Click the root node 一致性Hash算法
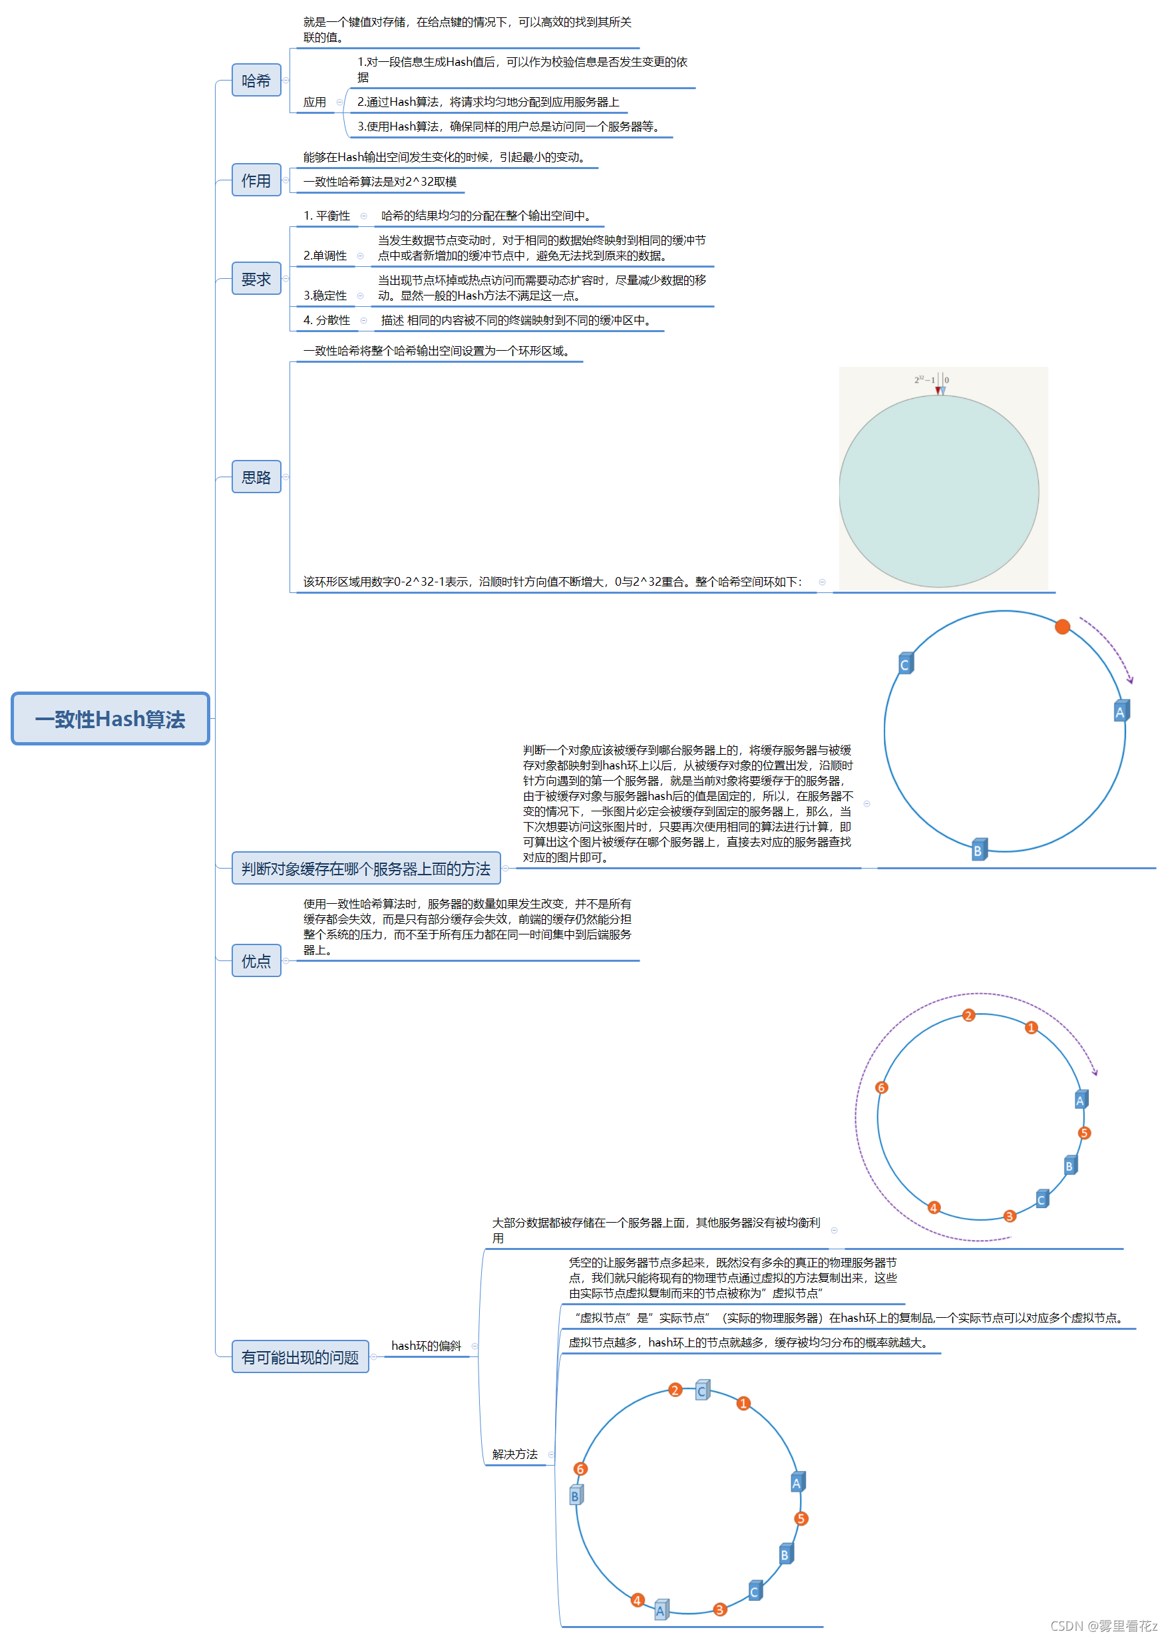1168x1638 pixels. pos(110,718)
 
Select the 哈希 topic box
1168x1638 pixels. pos(256,80)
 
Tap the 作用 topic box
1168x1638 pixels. pos(256,180)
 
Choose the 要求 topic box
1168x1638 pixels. pos(256,278)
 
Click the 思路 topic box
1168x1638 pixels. pos(256,477)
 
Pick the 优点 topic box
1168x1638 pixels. pos(256,960)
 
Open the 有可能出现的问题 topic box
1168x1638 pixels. pos(300,1356)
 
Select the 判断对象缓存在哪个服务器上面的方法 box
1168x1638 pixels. pos(365,868)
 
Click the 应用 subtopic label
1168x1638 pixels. pos(314,102)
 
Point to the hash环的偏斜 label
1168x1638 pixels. pos(426,1345)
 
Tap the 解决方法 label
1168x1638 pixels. pos(514,1454)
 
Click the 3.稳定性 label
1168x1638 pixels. pos(325,296)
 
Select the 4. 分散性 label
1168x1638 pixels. pos(327,320)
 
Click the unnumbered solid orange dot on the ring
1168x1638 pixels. pos(1062,626)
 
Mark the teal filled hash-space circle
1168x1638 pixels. pos(938,491)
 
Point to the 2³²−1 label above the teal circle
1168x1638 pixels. pos(924,379)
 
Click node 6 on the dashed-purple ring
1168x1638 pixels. pos(881,1087)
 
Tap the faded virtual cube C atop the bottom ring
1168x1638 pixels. pos(702,1390)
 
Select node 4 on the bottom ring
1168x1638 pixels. pos(636,1600)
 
